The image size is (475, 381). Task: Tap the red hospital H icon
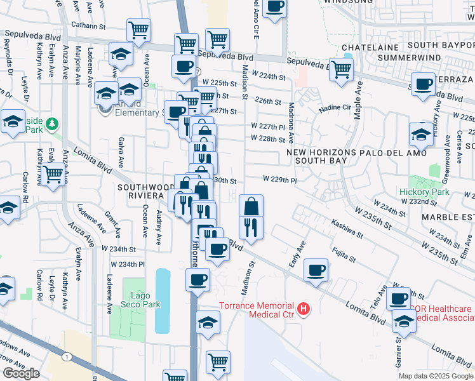pyautogui.click(x=304, y=309)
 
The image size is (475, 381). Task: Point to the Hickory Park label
pyautogui.click(x=424, y=192)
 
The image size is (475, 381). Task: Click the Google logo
pyautogui.click(x=21, y=373)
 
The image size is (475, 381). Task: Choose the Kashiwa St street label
pyautogui.click(x=346, y=230)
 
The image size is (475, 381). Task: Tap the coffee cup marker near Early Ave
pyautogui.click(x=316, y=270)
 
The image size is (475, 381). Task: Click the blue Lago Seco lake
pyautogui.click(x=163, y=300)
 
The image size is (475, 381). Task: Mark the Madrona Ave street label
pyautogui.click(x=291, y=122)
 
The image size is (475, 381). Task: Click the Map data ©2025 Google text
pyautogui.click(x=436, y=376)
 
